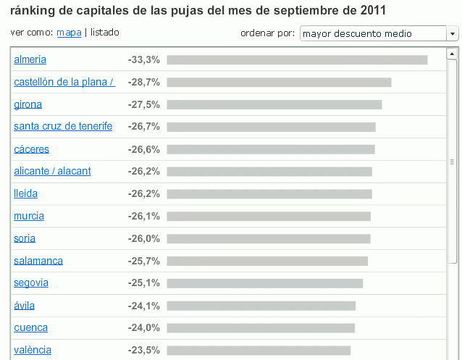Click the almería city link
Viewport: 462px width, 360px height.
(x=30, y=59)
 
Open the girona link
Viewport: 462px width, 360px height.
(x=28, y=104)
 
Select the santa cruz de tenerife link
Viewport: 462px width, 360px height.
(x=63, y=126)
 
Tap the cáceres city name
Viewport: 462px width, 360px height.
(x=30, y=149)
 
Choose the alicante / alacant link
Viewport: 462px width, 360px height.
(x=52, y=171)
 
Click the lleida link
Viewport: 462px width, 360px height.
(x=25, y=193)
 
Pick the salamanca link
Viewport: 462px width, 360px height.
(x=38, y=261)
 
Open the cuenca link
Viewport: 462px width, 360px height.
(x=30, y=327)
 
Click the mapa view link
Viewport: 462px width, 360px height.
(x=69, y=33)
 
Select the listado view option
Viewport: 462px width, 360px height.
(x=105, y=33)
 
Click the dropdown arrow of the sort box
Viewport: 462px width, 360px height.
(x=453, y=34)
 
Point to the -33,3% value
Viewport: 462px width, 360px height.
(x=143, y=59)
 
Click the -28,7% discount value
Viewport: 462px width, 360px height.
(x=143, y=82)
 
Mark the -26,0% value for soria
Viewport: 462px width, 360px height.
(x=143, y=238)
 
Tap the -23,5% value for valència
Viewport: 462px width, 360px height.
(x=143, y=350)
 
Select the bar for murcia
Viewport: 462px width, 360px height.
(x=269, y=216)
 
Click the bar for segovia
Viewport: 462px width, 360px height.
(x=264, y=283)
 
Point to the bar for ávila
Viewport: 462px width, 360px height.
(x=261, y=306)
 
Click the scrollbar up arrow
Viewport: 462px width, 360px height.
(x=453, y=54)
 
